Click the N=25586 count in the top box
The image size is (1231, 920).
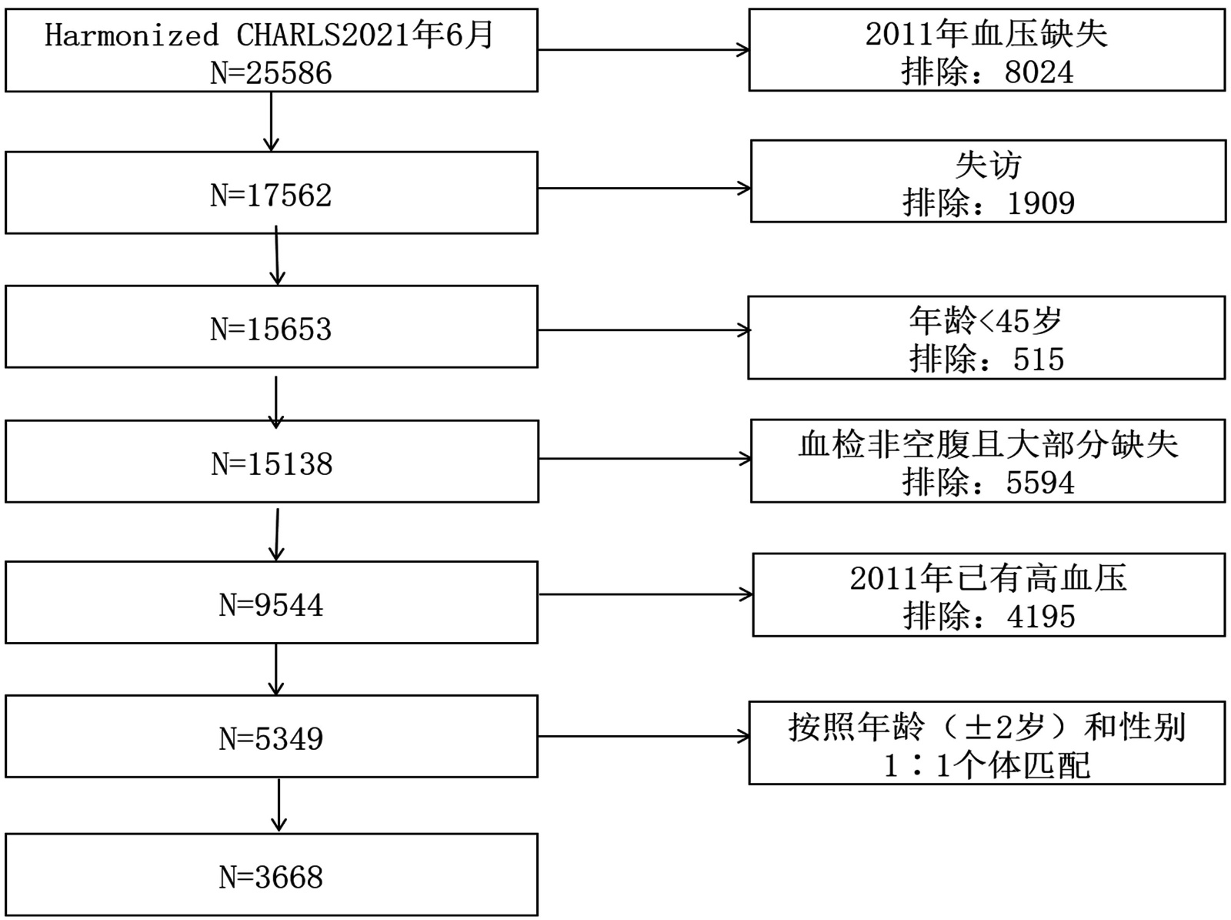(271, 73)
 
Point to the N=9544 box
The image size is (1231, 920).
(271, 604)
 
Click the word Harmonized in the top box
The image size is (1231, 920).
(132, 35)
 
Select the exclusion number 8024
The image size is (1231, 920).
(1039, 72)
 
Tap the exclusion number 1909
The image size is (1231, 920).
(1040, 203)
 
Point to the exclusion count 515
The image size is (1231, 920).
(1038, 360)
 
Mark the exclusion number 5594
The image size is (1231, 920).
(1039, 483)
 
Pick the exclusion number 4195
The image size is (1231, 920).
(1040, 617)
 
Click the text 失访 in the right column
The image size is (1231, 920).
(988, 165)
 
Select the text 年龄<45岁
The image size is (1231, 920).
(986, 320)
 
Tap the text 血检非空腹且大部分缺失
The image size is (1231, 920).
(988, 444)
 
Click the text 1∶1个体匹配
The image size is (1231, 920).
(987, 765)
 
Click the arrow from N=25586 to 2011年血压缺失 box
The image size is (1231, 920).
(643, 50)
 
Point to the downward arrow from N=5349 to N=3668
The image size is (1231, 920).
(279, 805)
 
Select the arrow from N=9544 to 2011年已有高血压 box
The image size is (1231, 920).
(645, 594)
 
